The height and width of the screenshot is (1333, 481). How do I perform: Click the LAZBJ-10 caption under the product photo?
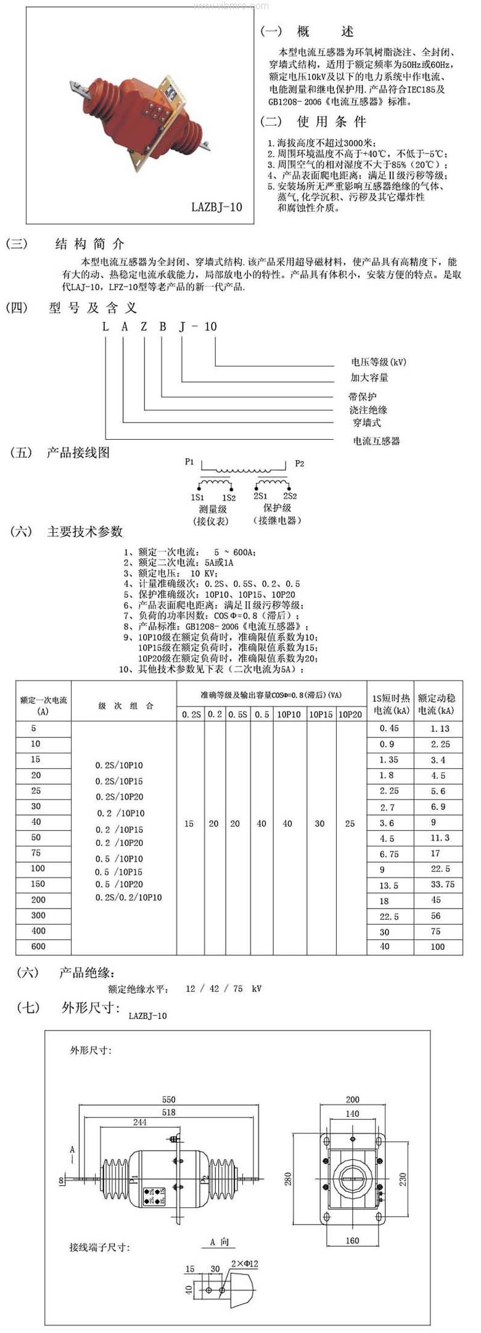(216, 207)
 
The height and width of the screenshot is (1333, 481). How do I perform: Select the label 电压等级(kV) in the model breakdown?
(378, 362)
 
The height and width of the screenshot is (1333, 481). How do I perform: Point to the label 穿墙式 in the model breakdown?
(366, 423)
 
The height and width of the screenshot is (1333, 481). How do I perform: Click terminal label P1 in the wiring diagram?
(189, 461)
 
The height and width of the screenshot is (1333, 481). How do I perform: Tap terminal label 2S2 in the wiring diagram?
(290, 496)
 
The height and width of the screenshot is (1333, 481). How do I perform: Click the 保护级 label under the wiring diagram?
(277, 508)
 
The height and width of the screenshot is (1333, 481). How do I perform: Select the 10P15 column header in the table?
(320, 715)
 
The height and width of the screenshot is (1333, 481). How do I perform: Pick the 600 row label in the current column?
(38, 946)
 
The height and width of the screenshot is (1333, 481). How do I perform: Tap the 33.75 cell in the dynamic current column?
(442, 884)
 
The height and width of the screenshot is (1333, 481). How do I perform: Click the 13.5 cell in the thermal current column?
(388, 885)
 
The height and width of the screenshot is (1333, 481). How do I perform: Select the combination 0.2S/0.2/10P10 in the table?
(128, 897)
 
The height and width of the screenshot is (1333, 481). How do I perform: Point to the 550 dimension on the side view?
(168, 1100)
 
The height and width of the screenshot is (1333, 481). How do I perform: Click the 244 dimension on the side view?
(140, 1122)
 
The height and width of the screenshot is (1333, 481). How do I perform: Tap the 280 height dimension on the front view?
(288, 1178)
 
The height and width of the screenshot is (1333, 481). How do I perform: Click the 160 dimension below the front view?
(352, 1241)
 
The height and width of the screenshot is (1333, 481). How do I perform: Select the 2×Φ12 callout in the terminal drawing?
(244, 1263)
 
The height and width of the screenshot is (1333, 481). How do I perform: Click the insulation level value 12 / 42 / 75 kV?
(223, 989)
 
